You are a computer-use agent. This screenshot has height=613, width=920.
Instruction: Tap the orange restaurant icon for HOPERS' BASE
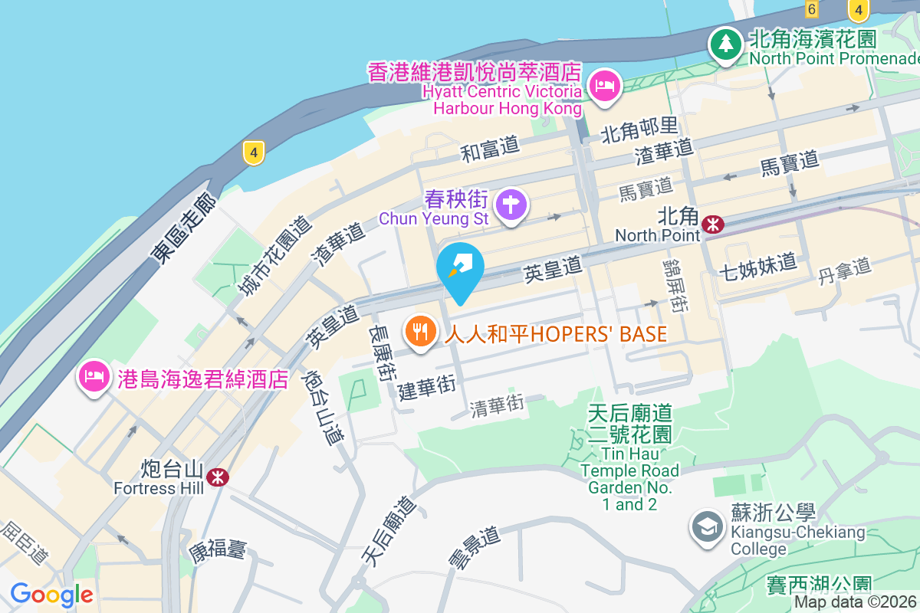[420, 333]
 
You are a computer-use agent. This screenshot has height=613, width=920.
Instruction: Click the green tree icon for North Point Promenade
[724, 44]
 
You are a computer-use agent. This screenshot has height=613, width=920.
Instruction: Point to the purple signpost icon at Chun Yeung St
[510, 206]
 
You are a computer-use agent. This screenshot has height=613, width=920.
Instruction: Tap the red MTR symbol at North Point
[713, 225]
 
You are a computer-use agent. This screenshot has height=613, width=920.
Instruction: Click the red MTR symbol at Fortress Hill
[218, 477]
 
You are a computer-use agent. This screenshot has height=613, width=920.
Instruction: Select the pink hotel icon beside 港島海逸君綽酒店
[93, 377]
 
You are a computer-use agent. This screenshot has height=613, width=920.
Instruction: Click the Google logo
[51, 595]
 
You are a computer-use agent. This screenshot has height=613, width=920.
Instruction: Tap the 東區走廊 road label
[184, 229]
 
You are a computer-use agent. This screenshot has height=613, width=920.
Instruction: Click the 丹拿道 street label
[845, 271]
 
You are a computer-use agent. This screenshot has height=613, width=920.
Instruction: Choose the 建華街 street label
[427, 387]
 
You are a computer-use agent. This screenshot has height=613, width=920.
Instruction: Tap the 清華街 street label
[497, 405]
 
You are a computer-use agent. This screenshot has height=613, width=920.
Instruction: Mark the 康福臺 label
[218, 549]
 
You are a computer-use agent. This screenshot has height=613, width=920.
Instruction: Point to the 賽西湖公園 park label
[819, 586]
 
